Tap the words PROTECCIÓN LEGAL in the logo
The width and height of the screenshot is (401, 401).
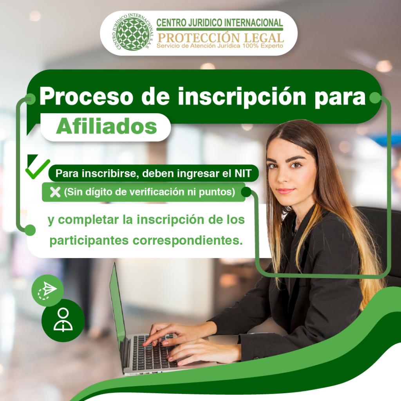point(220,38)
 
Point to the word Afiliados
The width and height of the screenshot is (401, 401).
point(106,126)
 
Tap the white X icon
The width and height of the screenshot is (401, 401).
point(55,192)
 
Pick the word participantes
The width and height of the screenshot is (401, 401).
point(89,240)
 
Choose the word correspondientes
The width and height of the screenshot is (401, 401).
point(188,240)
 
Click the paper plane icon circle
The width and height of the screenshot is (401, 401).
point(47,290)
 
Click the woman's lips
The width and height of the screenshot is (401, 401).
point(285,191)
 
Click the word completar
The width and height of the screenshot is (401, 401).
point(88,220)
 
